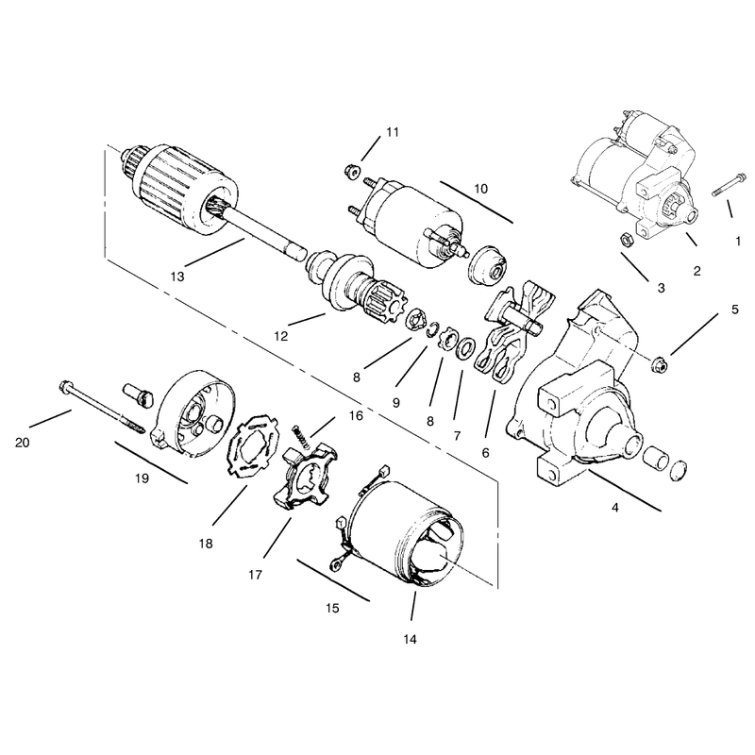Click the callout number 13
(x=177, y=277)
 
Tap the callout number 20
(x=22, y=443)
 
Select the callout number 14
(x=410, y=640)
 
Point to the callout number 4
(x=615, y=507)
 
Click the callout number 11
(x=393, y=132)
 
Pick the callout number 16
(x=356, y=415)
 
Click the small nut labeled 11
(x=351, y=171)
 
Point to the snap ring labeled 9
(x=433, y=329)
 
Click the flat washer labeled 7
(x=464, y=348)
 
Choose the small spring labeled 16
(x=300, y=436)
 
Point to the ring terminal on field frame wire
(x=333, y=563)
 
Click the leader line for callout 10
(x=477, y=202)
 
